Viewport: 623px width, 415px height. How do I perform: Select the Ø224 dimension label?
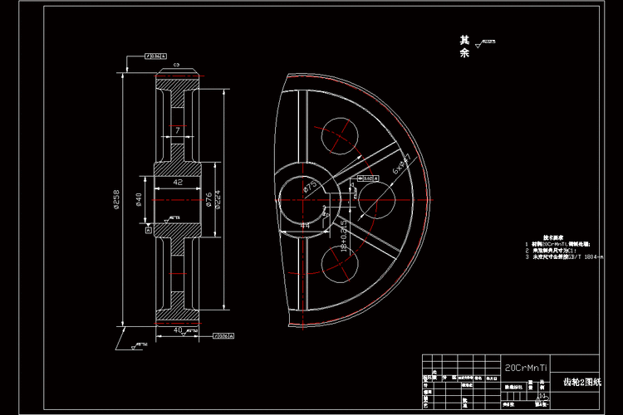click(x=218, y=199)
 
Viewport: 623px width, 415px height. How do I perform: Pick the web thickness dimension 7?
click(x=177, y=130)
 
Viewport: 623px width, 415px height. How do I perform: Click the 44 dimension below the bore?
click(x=304, y=224)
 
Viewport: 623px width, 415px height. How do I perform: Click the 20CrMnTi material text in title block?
click(x=525, y=366)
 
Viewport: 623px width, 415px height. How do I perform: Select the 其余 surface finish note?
click(x=464, y=46)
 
